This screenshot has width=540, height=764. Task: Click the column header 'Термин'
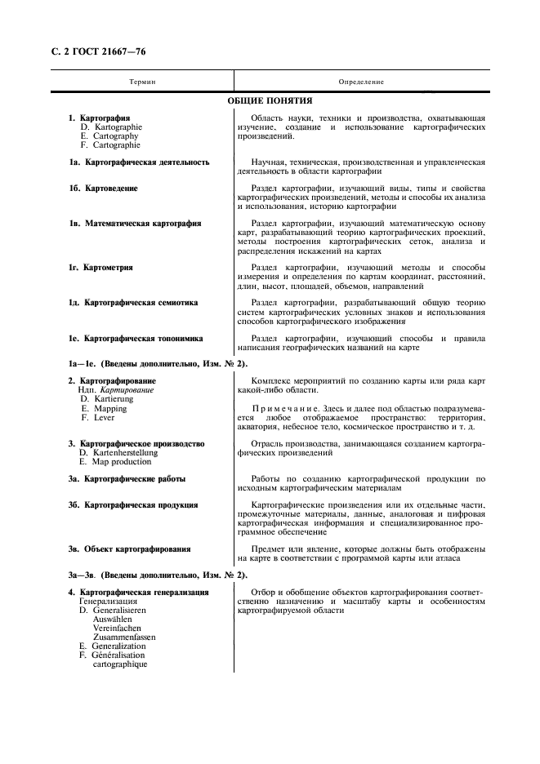[x=142, y=82]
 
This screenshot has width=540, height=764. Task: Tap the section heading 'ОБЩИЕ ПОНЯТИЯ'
[x=270, y=101]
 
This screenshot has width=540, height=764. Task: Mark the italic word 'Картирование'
[x=126, y=390]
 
